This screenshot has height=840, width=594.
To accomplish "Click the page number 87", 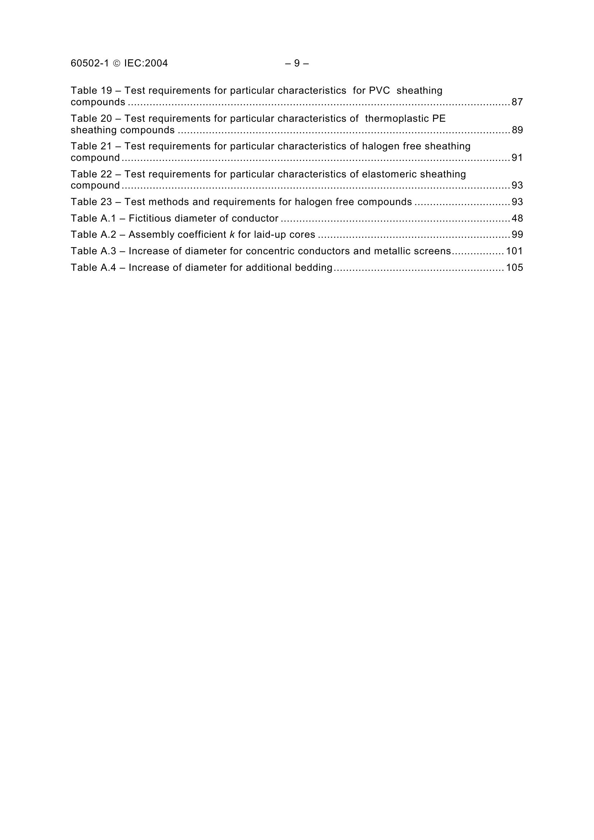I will (517, 102).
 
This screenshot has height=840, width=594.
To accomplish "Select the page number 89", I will (517, 130).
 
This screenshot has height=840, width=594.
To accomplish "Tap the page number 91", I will (517, 158).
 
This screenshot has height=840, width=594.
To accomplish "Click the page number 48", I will (517, 218).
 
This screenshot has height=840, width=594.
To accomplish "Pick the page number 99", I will (517, 235).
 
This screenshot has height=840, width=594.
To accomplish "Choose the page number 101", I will (514, 251).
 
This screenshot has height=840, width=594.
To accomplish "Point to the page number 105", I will (514, 268).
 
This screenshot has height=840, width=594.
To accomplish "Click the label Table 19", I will (91, 91).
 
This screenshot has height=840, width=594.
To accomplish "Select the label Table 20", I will (91, 119).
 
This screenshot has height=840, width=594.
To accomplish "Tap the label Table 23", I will (91, 202).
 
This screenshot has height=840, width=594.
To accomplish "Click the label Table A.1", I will (93, 218).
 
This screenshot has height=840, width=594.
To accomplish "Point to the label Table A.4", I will (93, 268).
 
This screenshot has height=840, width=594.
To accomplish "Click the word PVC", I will (379, 91).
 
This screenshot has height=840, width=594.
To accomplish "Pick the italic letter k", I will (232, 235).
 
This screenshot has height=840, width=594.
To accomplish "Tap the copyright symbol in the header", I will (116, 64).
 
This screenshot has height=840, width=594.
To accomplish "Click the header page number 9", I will (297, 64).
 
